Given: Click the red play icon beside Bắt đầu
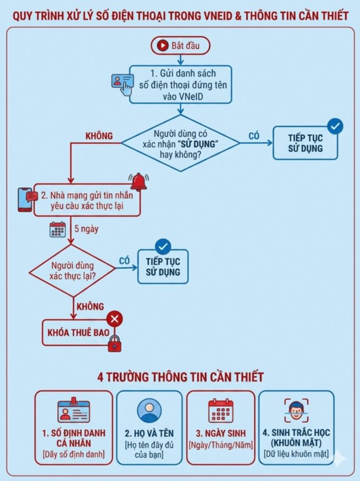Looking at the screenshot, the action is click(163, 45).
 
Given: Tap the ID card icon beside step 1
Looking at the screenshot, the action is click(122, 84).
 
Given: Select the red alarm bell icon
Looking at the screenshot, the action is click(139, 182).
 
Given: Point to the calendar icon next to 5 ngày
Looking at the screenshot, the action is click(58, 230).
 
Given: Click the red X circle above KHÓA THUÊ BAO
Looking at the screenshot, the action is click(115, 319).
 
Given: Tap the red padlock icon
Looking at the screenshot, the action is click(115, 344).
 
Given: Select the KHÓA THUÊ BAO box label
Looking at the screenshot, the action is click(79, 333).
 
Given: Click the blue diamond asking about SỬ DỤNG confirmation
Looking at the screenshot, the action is click(181, 143).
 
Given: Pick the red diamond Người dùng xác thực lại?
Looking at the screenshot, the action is click(72, 270).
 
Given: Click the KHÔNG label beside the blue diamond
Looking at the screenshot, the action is click(99, 136).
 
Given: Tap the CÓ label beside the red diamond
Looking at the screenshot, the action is click(124, 260).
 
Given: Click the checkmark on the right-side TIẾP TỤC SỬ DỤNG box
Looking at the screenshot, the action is click(335, 126).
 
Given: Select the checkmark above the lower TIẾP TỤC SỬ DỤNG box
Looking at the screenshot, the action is click(163, 246).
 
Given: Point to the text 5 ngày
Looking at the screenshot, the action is click(86, 229).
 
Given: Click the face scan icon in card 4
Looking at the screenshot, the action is click(296, 411).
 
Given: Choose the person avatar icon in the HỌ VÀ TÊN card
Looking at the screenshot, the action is click(149, 410).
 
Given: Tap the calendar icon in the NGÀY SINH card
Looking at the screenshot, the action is click(221, 410).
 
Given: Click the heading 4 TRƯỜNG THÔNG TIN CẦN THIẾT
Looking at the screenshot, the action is click(180, 377).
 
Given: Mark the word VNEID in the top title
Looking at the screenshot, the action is click(211, 16).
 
